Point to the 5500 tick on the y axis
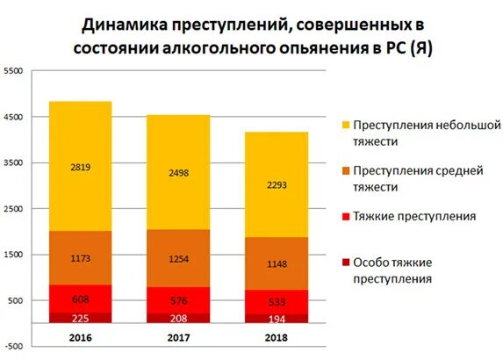click(13, 71)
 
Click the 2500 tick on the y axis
click(13, 209)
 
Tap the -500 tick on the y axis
click(13, 323)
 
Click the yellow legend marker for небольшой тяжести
click(345, 126)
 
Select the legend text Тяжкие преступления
click(413, 216)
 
